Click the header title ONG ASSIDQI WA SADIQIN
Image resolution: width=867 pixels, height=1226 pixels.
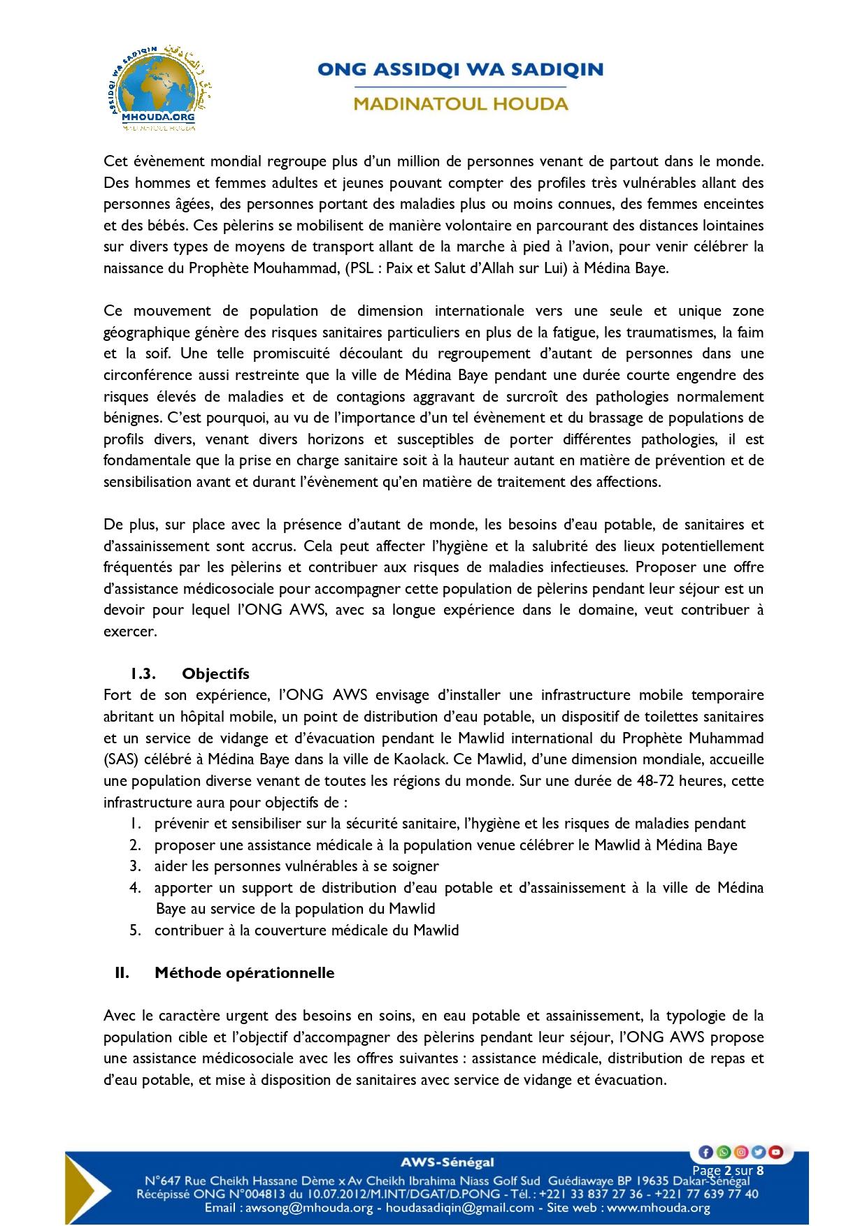460,69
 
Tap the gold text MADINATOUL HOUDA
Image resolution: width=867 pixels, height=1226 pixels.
460,104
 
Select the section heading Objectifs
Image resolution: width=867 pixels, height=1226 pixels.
215,673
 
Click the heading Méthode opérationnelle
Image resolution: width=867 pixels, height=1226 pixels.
244,972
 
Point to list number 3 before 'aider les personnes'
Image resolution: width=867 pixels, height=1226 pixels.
136,866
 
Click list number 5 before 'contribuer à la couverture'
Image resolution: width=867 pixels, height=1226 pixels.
136,931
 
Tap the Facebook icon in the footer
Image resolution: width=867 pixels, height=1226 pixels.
705,1152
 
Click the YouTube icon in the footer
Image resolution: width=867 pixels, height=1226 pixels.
775,1152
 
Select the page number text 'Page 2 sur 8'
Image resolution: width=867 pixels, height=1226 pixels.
727,1170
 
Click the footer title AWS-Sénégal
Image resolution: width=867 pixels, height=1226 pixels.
447,1162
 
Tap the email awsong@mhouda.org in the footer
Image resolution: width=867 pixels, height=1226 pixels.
309,1208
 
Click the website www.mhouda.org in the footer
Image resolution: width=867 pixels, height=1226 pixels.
659,1208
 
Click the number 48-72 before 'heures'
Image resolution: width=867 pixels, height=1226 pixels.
655,781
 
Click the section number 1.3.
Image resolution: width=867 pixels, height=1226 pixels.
143,673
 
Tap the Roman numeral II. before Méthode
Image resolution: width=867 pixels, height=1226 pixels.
122,972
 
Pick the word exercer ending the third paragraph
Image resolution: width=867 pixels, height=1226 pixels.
129,632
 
